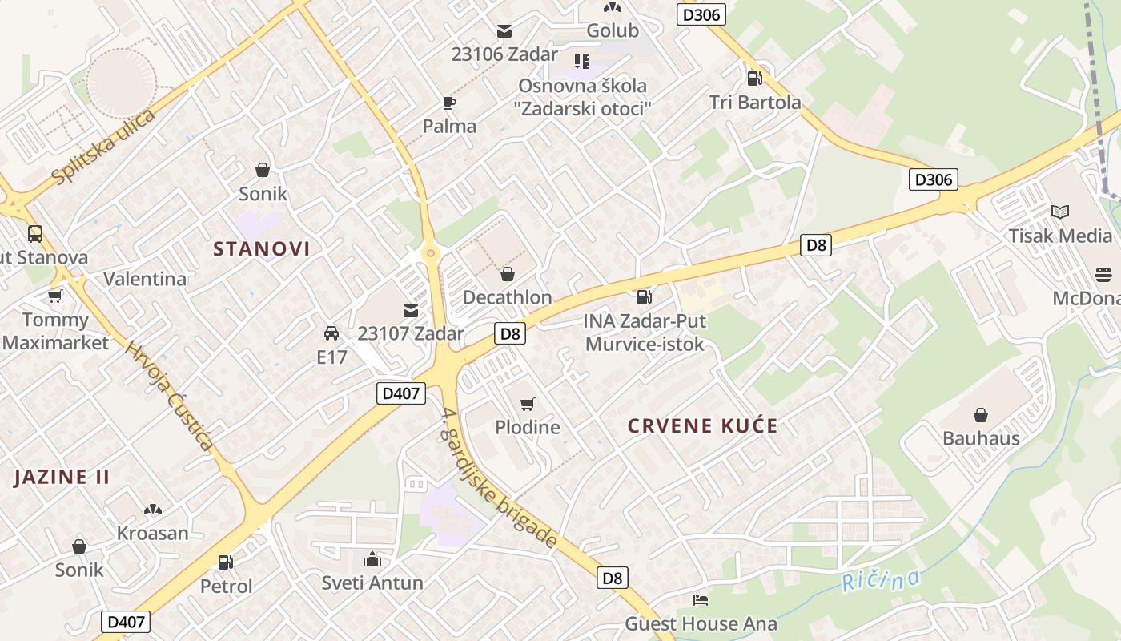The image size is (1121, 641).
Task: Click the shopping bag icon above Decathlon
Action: tap(507, 275)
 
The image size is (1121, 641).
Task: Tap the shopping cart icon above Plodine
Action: tap(527, 404)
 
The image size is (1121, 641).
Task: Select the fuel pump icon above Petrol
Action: tap(226, 563)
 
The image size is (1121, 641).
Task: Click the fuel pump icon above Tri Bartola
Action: tap(754, 79)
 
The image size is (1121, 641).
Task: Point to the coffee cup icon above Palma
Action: tap(448, 103)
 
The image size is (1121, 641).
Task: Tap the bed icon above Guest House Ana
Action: tap(701, 599)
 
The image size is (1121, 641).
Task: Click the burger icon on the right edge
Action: tap(1103, 275)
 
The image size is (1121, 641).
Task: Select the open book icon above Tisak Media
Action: tap(1060, 212)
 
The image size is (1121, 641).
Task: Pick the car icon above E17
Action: tap(331, 333)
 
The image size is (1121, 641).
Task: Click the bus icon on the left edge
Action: tap(35, 234)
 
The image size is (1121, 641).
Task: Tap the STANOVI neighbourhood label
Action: tap(262, 249)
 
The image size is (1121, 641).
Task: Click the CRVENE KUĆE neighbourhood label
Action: tap(702, 425)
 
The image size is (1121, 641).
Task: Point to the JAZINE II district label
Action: tap(62, 477)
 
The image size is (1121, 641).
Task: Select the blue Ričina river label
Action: tap(881, 579)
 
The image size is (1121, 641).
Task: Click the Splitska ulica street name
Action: tap(102, 146)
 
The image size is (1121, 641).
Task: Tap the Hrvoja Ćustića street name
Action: tap(169, 396)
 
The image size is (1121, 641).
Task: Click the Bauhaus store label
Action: tap(981, 438)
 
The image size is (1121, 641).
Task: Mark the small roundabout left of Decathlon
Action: tap(432, 253)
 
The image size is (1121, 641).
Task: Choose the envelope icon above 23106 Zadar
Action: tap(504, 31)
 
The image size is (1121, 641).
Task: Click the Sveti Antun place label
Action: tap(372, 583)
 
